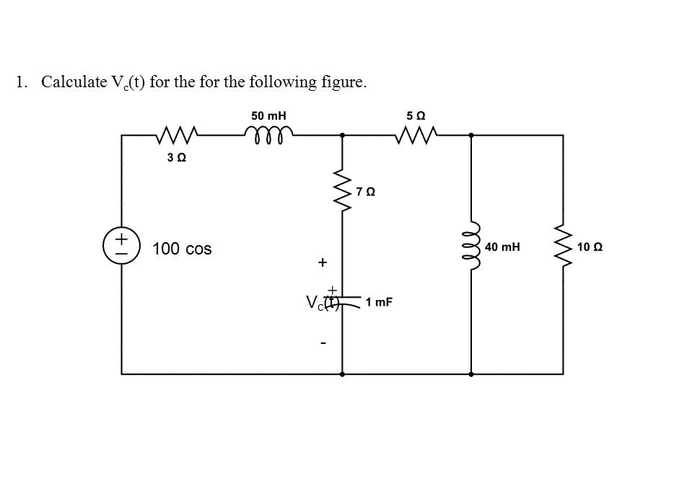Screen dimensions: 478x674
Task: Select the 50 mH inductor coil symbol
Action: pos(269,132)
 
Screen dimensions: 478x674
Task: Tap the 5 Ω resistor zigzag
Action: pos(416,134)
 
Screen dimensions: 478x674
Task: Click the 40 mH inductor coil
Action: pos(473,247)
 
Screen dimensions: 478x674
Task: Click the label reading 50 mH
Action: pos(268,115)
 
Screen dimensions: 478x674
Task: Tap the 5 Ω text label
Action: pos(416,115)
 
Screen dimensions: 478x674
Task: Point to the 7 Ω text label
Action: pos(366,192)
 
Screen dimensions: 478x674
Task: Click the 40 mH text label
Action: pos(502,247)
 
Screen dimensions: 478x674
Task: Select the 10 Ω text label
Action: pos(590,247)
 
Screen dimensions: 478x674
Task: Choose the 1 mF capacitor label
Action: pos(379,302)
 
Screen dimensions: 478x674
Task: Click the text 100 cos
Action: pos(182,249)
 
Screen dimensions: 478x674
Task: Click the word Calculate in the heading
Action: pos(74,81)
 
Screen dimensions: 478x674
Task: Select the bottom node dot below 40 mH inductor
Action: pos(471,374)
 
